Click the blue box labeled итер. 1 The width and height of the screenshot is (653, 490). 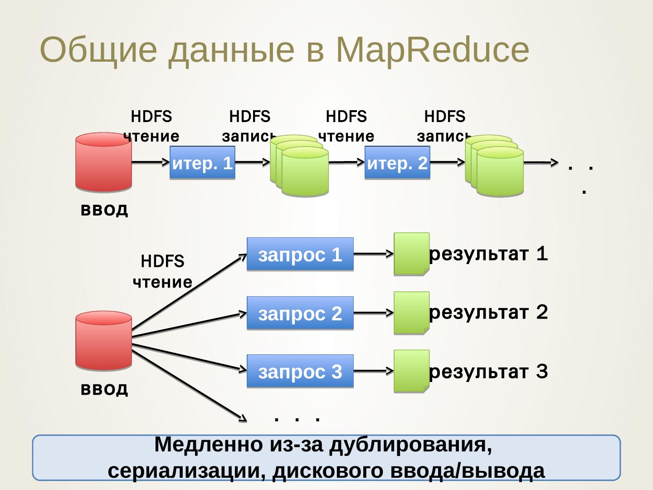click(x=202, y=163)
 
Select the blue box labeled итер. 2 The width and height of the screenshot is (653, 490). click(x=397, y=163)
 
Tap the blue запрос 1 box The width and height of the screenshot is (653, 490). click(x=300, y=254)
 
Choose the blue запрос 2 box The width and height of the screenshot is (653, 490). click(x=300, y=313)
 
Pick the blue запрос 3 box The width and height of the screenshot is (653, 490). click(x=300, y=371)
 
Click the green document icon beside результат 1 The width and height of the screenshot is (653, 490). click(x=411, y=254)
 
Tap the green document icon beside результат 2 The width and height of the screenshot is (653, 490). click(x=411, y=313)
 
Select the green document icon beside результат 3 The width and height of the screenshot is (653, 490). click(x=411, y=371)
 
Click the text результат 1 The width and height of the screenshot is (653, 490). click(x=488, y=255)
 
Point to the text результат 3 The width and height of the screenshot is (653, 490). click(x=488, y=372)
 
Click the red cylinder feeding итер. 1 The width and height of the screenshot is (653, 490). click(x=103, y=162)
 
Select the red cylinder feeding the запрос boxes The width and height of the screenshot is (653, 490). click(x=103, y=340)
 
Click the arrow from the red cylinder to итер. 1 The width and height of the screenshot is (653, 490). click(x=150, y=162)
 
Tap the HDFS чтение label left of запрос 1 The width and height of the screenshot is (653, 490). click(x=162, y=272)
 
